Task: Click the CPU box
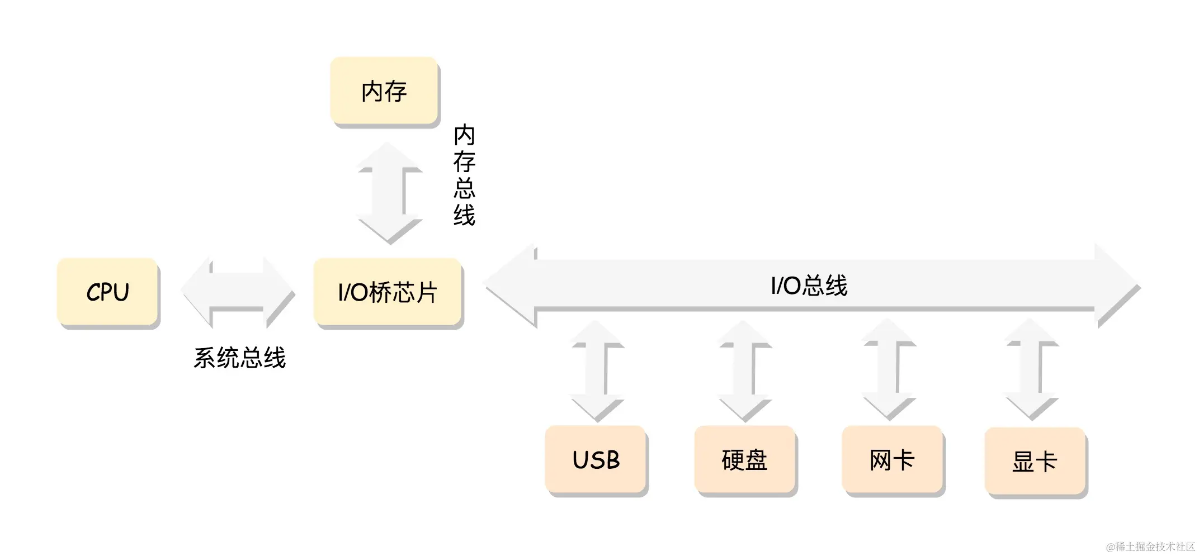point(108,292)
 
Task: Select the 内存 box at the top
point(384,91)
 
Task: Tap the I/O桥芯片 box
point(388,292)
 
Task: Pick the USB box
point(596,460)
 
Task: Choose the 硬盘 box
point(744,460)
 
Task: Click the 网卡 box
point(892,460)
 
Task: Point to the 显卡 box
point(1035,462)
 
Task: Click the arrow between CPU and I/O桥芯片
point(237,291)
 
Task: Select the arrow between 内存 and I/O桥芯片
point(389,193)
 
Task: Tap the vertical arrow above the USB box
point(596,370)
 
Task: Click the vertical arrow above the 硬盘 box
point(744,370)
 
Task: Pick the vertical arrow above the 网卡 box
point(889,369)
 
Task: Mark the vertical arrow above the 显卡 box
point(1031,369)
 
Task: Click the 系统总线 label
point(239,358)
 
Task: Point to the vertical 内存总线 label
point(464,175)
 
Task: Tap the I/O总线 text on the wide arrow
point(809,286)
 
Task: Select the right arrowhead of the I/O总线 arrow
point(1116,285)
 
